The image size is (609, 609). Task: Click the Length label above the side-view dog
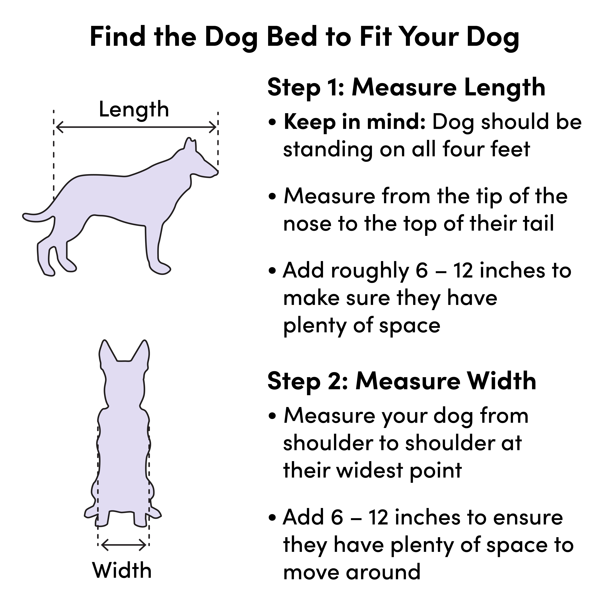134,109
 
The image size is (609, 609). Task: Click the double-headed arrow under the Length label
136,127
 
